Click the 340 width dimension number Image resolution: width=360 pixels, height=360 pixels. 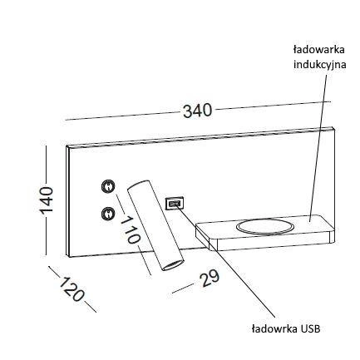(x=198, y=111)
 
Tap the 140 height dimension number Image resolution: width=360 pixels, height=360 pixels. (x=47, y=200)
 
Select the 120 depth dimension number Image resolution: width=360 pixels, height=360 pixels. (x=72, y=289)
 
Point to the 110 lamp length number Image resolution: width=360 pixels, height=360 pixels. (x=131, y=229)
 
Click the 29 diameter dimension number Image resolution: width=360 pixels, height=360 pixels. (x=210, y=278)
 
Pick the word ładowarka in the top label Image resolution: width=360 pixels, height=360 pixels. (x=319, y=50)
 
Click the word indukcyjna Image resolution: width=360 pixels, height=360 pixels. (x=320, y=65)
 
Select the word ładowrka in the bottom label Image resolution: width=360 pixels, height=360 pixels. (x=274, y=329)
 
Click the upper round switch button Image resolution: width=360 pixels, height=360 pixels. (x=108, y=185)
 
